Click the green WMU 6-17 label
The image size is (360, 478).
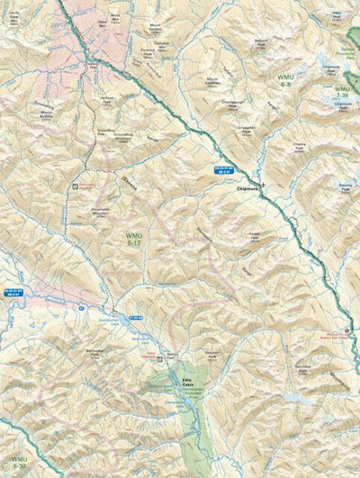click(x=133, y=238)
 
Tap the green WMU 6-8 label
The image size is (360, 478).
click(x=285, y=80)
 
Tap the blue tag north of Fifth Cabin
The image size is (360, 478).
click(x=136, y=316)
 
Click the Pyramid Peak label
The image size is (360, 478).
click(x=148, y=53)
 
